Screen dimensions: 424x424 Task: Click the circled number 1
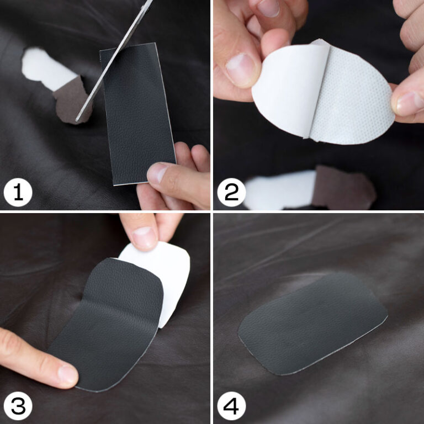[18, 192]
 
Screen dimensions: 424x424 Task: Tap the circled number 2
[231, 192]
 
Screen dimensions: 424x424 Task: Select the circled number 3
[18, 406]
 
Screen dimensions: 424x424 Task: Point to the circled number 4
[231, 406]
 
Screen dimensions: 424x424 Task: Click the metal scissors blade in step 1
[114, 61]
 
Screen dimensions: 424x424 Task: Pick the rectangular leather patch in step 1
[138, 114]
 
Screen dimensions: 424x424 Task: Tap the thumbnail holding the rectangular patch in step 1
[157, 172]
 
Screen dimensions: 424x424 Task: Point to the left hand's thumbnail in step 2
[241, 70]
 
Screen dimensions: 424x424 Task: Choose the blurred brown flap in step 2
[343, 187]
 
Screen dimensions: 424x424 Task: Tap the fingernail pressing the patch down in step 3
[67, 374]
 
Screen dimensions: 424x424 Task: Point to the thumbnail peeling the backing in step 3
[144, 237]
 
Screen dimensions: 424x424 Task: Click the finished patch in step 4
[312, 323]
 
